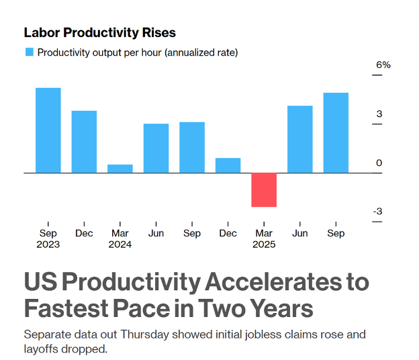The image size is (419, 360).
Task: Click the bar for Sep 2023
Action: click(x=48, y=130)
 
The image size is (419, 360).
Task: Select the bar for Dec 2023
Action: click(x=84, y=142)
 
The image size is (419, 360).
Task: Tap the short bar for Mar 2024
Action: click(x=120, y=169)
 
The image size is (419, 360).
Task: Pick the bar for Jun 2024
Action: click(x=156, y=148)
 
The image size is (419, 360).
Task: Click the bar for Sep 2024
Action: click(x=192, y=147)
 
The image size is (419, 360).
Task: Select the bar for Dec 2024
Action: click(x=228, y=165)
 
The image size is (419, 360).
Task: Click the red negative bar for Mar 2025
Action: click(x=264, y=189)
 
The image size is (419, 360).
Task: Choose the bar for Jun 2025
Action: click(x=299, y=139)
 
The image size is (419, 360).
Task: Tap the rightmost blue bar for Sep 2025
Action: click(x=336, y=132)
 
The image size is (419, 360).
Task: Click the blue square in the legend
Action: click(x=30, y=52)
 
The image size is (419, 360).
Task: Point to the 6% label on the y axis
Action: click(x=383, y=65)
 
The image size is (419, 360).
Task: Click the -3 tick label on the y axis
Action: click(x=378, y=212)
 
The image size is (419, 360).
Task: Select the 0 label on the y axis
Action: click(x=379, y=163)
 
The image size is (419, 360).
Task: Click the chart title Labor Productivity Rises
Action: click(x=99, y=32)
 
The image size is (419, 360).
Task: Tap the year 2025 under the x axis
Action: click(x=264, y=244)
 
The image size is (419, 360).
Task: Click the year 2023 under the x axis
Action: click(x=48, y=244)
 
